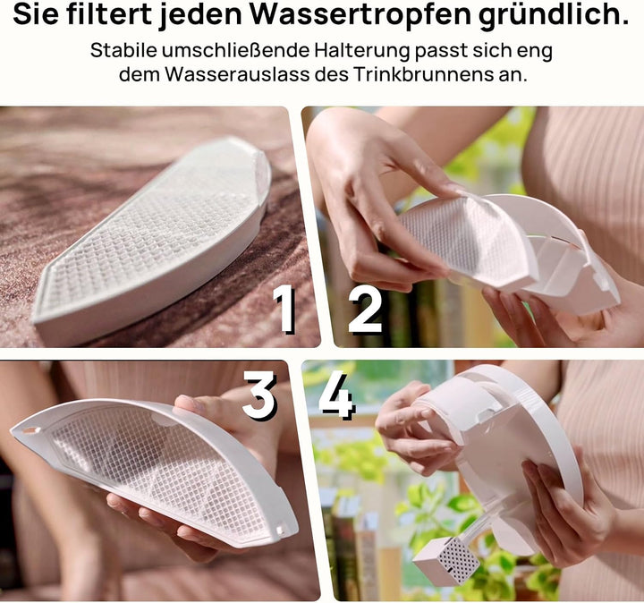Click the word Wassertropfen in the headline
tap(360, 15)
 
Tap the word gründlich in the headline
tap(554, 15)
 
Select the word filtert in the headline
tap(109, 13)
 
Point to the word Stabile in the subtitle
tap(124, 50)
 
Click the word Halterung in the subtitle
tap(362, 51)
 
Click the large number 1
tap(284, 308)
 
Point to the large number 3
tap(259, 395)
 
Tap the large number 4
tap(336, 395)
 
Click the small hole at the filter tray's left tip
tap(30, 431)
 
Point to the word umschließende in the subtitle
tap(236, 50)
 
